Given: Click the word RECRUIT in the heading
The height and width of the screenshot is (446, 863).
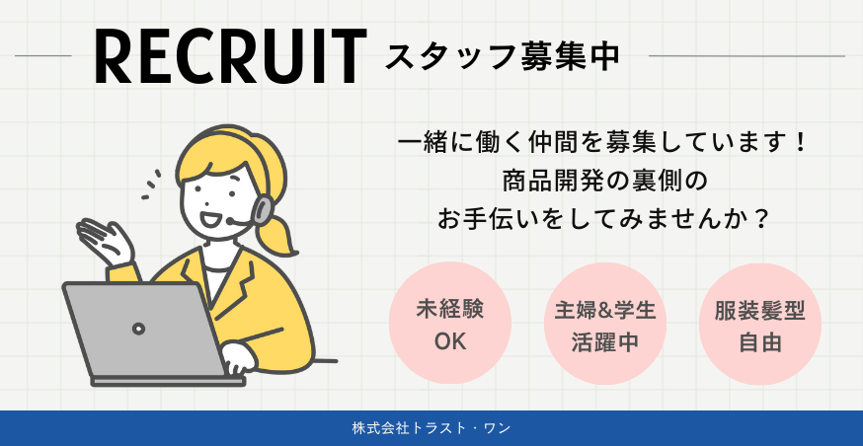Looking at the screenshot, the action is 231,56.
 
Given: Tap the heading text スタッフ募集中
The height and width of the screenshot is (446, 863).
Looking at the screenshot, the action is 503,56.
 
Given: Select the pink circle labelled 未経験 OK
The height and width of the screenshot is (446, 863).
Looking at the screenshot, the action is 450,324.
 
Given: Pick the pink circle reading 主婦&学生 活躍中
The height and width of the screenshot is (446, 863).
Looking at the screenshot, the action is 605,324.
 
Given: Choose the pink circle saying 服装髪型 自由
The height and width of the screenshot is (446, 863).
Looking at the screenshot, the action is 760,324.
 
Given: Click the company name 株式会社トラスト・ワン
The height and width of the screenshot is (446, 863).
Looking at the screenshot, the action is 431,428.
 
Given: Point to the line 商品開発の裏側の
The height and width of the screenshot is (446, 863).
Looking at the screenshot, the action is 604,182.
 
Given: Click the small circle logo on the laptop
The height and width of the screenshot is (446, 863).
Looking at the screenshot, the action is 138,329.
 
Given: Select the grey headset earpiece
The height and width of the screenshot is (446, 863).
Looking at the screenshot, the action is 263,208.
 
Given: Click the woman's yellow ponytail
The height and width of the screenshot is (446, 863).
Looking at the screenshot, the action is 279,238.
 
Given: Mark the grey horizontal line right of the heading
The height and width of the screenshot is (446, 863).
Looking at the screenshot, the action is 746,56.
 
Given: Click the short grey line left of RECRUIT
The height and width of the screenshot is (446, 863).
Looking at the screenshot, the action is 43,56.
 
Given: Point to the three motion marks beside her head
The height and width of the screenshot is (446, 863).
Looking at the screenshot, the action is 151,185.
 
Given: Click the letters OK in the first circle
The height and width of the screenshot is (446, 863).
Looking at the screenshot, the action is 450,342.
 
